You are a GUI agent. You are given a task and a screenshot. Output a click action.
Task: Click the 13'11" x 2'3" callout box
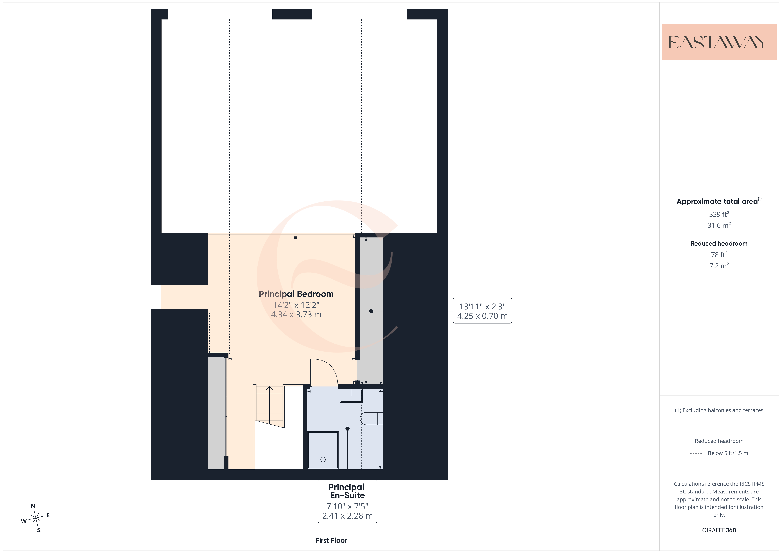point(482,311)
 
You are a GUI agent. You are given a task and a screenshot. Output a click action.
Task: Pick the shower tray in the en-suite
point(323,450)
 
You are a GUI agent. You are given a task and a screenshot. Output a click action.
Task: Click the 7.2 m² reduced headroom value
point(719,265)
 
